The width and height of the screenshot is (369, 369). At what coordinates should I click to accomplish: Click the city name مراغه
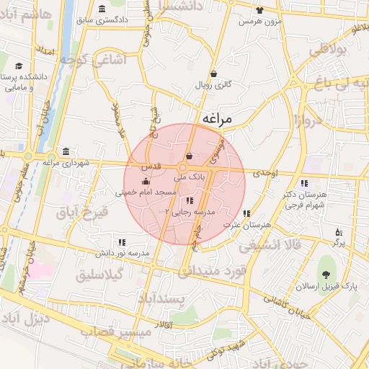click(x=218, y=119)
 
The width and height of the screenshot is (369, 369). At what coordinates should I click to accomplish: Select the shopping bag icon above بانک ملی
click(x=189, y=156)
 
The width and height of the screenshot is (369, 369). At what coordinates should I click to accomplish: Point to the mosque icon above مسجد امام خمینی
click(x=146, y=181)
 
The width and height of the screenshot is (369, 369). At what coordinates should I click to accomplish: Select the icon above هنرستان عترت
click(x=247, y=213)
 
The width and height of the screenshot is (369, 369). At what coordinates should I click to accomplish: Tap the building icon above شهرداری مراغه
click(x=66, y=151)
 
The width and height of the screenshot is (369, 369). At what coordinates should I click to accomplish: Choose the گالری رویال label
click(x=214, y=84)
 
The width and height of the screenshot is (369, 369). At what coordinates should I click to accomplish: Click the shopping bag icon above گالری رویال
click(x=214, y=73)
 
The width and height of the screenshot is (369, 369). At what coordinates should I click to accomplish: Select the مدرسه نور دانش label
click(x=123, y=253)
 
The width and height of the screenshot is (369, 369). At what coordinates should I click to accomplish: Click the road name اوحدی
click(x=265, y=173)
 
